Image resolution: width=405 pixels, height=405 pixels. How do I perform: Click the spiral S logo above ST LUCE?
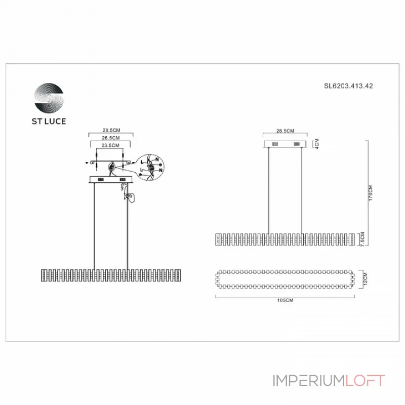[x=49, y=98]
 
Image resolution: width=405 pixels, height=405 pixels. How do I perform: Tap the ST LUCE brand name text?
[x=49, y=121]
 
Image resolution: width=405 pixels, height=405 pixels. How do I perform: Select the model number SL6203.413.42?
[x=348, y=86]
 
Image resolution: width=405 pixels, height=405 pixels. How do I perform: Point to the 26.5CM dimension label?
[x=111, y=138]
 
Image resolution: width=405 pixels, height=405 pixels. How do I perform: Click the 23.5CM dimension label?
[x=111, y=145]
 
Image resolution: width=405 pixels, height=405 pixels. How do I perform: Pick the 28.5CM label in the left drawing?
[x=111, y=130]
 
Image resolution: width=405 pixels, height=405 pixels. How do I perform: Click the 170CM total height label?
[x=371, y=192]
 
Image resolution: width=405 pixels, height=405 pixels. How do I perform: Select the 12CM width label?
[x=363, y=278]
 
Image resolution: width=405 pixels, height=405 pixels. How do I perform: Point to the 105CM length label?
[x=285, y=300]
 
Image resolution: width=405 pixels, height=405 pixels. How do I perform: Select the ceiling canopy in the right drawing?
[x=285, y=145]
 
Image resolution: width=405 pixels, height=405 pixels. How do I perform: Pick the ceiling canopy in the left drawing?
[x=111, y=179]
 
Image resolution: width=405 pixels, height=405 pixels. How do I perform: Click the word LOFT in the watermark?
[x=365, y=381]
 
